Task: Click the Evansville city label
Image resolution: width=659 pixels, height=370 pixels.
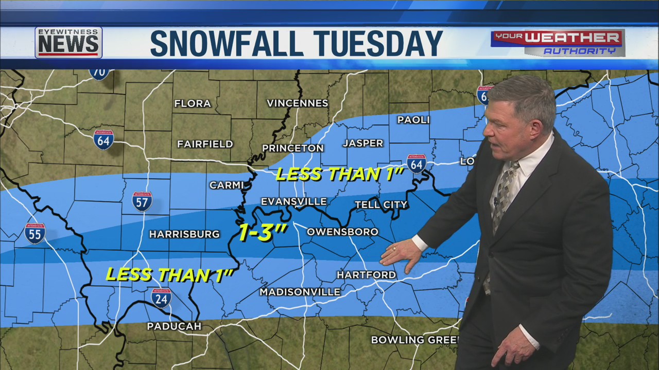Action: pyautogui.click(x=293, y=201)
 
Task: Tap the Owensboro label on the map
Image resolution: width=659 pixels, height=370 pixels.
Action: pyautogui.click(x=342, y=232)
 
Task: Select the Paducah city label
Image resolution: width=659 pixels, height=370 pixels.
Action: pyautogui.click(x=174, y=326)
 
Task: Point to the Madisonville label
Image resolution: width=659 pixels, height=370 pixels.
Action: pyautogui.click(x=300, y=292)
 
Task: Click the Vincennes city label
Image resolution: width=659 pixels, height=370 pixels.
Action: pyautogui.click(x=297, y=103)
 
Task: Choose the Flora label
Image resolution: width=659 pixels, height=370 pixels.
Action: pyautogui.click(x=193, y=104)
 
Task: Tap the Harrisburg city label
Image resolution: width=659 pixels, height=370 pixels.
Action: pyautogui.click(x=184, y=234)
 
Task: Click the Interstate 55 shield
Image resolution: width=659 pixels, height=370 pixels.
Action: pyautogui.click(x=34, y=233)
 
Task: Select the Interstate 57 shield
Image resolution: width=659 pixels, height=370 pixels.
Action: pyautogui.click(x=142, y=201)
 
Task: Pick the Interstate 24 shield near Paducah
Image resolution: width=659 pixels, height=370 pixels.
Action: pyautogui.click(x=161, y=298)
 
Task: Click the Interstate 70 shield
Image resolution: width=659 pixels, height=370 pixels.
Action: pyautogui.click(x=99, y=72)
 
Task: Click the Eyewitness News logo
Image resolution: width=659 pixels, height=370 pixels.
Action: pyautogui.click(x=68, y=43)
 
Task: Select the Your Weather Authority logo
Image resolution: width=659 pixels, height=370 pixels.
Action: pyautogui.click(x=558, y=43)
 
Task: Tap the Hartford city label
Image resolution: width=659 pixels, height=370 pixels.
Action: pyautogui.click(x=366, y=275)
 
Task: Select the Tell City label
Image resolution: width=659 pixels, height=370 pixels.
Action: pyautogui.click(x=381, y=205)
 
